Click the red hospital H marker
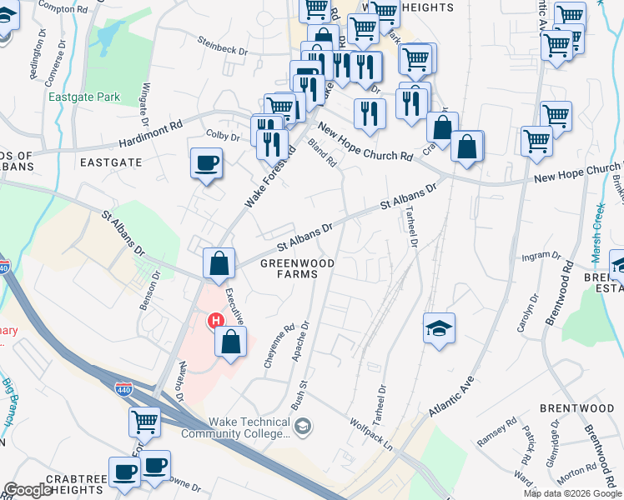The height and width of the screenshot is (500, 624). tap(216, 320)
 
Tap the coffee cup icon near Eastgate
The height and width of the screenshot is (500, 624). tap(206, 163)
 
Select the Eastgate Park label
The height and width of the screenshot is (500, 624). tap(84, 97)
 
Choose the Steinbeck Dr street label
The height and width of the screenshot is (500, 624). tap(224, 46)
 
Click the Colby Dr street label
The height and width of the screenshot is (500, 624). tap(223, 135)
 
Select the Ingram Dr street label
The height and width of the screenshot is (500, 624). tap(539, 257)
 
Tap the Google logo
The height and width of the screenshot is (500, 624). tap(28, 490)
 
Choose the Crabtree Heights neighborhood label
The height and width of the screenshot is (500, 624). tap(63, 484)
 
